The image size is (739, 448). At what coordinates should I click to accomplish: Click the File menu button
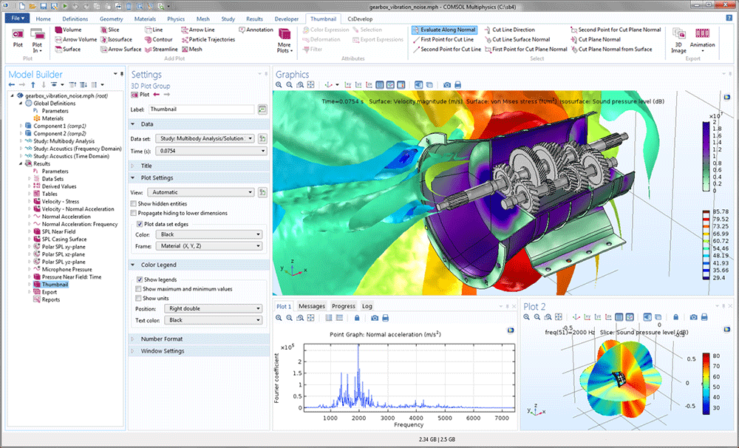click(16, 18)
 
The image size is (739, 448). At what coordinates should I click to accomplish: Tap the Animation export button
click(702, 41)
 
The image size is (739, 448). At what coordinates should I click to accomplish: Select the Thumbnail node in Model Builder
click(55, 285)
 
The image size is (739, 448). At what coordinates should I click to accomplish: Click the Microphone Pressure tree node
click(67, 269)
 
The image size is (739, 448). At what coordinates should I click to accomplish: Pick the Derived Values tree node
click(59, 186)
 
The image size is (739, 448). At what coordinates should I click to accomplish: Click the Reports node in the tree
click(51, 300)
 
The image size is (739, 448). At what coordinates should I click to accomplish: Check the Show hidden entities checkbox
click(133, 203)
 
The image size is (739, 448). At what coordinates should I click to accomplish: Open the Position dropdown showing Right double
click(214, 308)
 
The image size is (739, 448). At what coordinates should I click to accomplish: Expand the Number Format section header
click(161, 339)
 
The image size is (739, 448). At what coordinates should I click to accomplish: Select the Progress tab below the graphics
click(344, 306)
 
